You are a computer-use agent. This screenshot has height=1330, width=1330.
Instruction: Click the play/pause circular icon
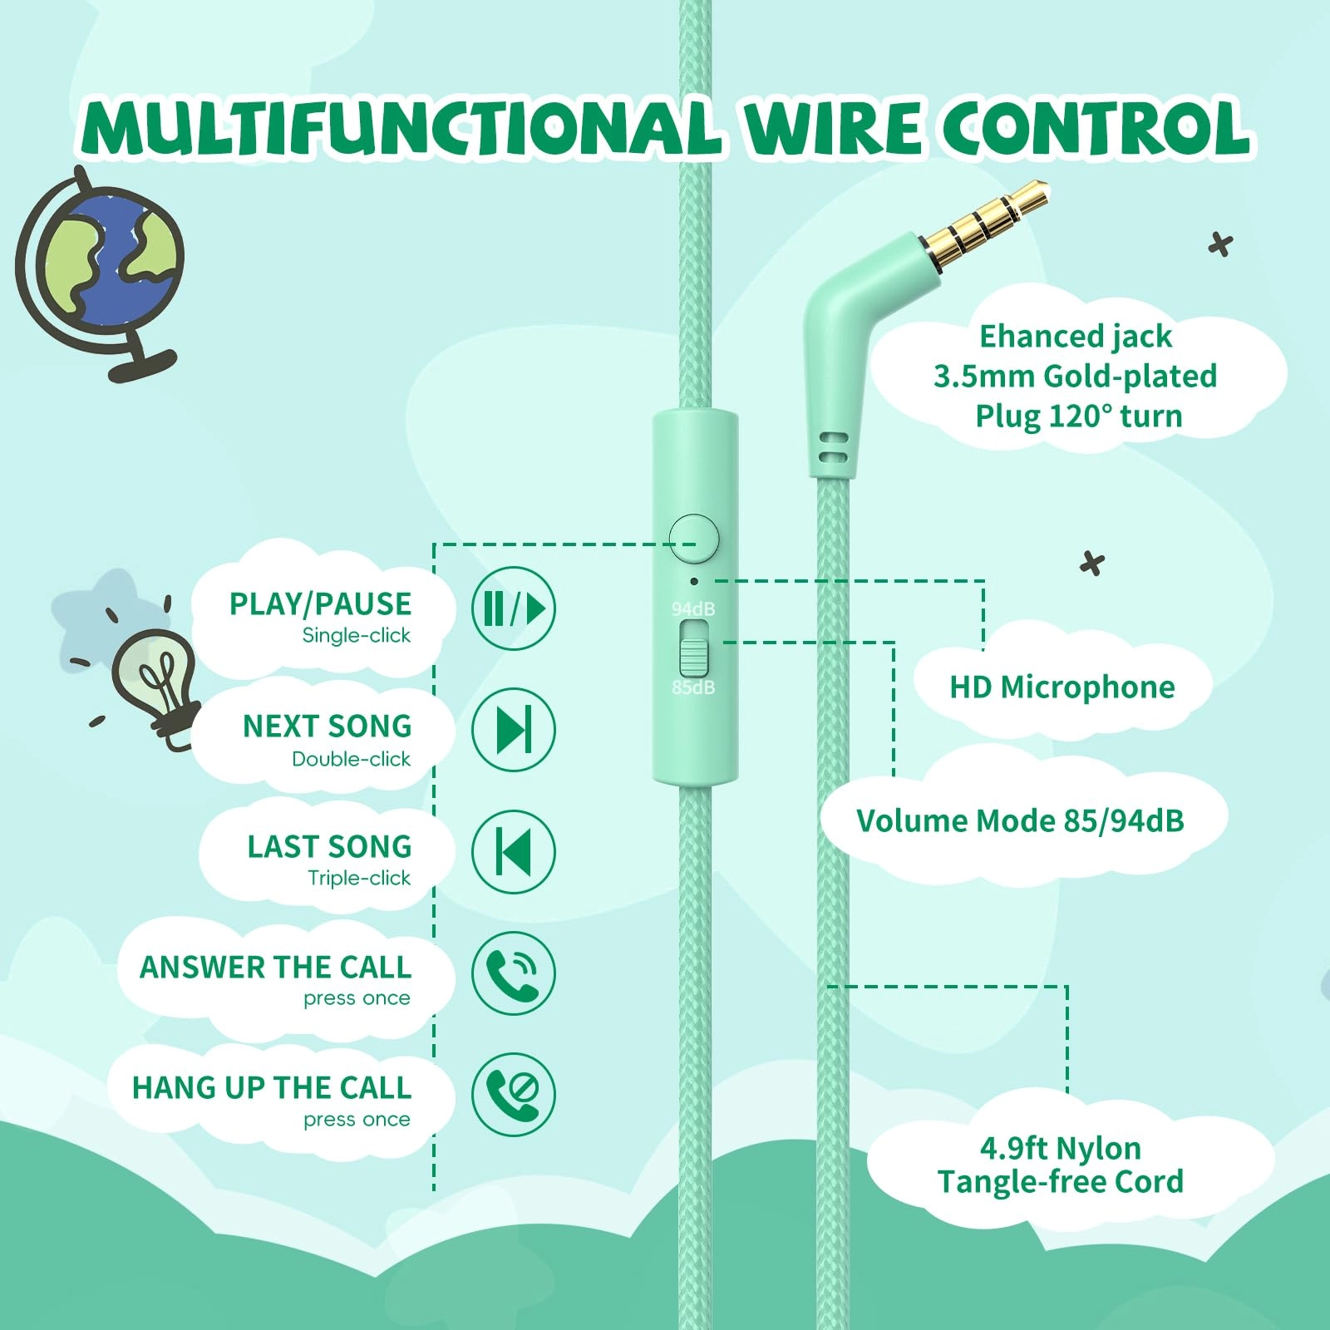pyautogui.click(x=514, y=608)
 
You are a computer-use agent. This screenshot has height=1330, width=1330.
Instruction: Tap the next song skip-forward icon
pyautogui.click(x=514, y=730)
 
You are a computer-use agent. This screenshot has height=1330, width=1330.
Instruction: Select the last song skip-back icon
pyautogui.click(x=514, y=851)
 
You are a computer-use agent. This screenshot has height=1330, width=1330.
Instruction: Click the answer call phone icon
pyautogui.click(x=514, y=973)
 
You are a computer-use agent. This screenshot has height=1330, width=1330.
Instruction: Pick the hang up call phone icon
pyautogui.click(x=514, y=1094)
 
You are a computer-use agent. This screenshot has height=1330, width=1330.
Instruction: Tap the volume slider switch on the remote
pyautogui.click(x=694, y=648)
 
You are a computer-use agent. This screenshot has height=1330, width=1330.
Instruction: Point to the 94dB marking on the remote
pyautogui.click(x=693, y=609)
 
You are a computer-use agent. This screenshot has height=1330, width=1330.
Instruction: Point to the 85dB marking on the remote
pyautogui.click(x=693, y=687)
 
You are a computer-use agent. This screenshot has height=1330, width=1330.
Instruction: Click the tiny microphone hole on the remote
pyautogui.click(x=694, y=581)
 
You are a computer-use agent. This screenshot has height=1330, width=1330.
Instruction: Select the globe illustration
pyautogui.click(x=104, y=266)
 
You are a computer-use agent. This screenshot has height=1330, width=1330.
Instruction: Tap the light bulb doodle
pyautogui.click(x=158, y=677)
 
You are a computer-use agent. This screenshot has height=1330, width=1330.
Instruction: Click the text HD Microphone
pyautogui.click(x=1062, y=687)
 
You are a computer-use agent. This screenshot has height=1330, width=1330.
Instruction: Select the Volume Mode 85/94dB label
pyautogui.click(x=1020, y=821)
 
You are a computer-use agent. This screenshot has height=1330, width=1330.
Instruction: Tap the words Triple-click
pyautogui.click(x=359, y=878)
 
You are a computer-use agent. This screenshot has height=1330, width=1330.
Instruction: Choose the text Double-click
pyautogui.click(x=351, y=759)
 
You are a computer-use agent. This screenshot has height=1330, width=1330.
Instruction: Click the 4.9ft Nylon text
pyautogui.click(x=1061, y=1149)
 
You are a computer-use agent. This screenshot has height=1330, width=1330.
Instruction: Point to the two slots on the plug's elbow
pyautogui.click(x=833, y=447)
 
